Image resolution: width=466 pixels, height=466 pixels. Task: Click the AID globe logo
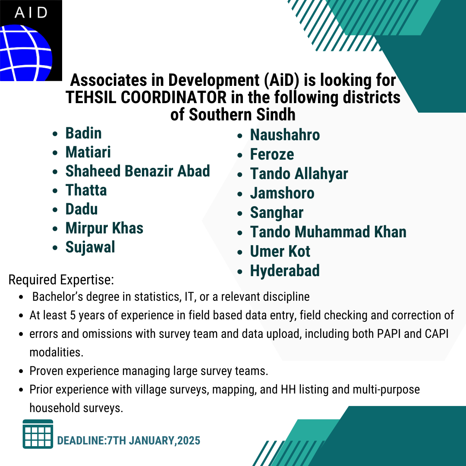[x=31, y=41]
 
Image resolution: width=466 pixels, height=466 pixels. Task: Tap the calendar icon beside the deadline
[x=38, y=434]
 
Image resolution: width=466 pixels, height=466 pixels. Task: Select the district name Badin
[x=84, y=133]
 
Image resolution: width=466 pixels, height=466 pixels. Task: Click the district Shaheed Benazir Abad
[x=138, y=171]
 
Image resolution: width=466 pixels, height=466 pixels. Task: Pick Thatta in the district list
[x=86, y=190]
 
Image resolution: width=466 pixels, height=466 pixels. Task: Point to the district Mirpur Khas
[x=104, y=228]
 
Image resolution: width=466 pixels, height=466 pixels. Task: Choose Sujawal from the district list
[x=90, y=247]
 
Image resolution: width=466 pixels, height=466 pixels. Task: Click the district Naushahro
[x=285, y=135]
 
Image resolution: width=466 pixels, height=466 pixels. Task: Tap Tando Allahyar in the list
[x=299, y=174]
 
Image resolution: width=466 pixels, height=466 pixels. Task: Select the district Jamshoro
[x=282, y=193]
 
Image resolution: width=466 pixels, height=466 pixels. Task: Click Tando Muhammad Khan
[x=328, y=232]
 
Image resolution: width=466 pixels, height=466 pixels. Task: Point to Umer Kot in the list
[x=280, y=252]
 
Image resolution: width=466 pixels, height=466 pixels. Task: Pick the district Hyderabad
[x=285, y=271]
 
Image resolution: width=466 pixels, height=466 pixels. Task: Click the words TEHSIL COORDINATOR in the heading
[x=146, y=98]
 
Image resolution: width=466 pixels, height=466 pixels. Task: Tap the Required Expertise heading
[x=61, y=280]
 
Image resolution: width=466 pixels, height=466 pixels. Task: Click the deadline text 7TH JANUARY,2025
[x=154, y=441]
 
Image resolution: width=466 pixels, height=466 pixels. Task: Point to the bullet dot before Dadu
[x=55, y=210]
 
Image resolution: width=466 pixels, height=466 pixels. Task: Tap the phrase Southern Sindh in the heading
[x=242, y=115]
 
